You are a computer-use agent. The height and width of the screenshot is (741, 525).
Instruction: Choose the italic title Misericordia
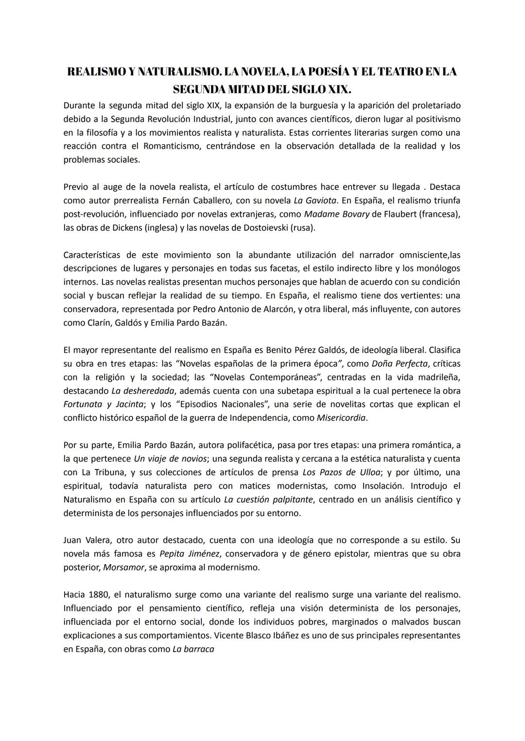click(x=341, y=418)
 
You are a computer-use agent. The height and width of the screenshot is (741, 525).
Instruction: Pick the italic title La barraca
click(x=193, y=649)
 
